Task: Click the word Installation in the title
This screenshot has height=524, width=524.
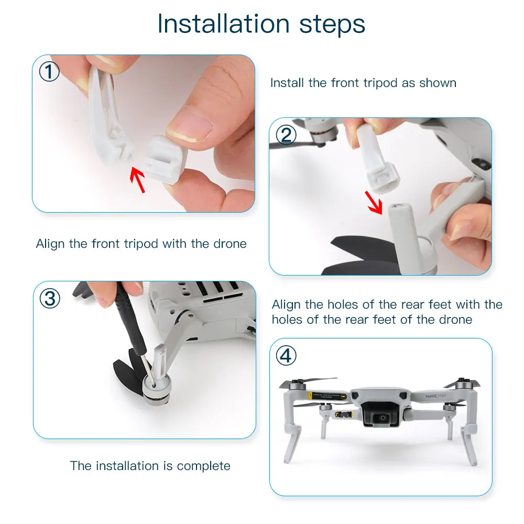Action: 224,24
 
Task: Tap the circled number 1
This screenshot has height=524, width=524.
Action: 49,71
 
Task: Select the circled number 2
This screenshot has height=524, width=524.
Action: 286,135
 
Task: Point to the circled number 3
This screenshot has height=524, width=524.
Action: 50,299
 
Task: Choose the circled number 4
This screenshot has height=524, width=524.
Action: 286,356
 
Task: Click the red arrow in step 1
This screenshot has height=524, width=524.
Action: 138,180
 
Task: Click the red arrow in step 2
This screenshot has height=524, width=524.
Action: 374,202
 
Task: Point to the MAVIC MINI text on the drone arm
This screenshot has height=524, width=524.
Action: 436,396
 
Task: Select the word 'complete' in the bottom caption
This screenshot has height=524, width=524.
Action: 203,466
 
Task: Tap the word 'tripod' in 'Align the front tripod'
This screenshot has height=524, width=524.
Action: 141,244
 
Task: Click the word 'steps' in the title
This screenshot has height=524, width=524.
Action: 332,24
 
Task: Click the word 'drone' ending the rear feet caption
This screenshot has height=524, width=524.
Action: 455,320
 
